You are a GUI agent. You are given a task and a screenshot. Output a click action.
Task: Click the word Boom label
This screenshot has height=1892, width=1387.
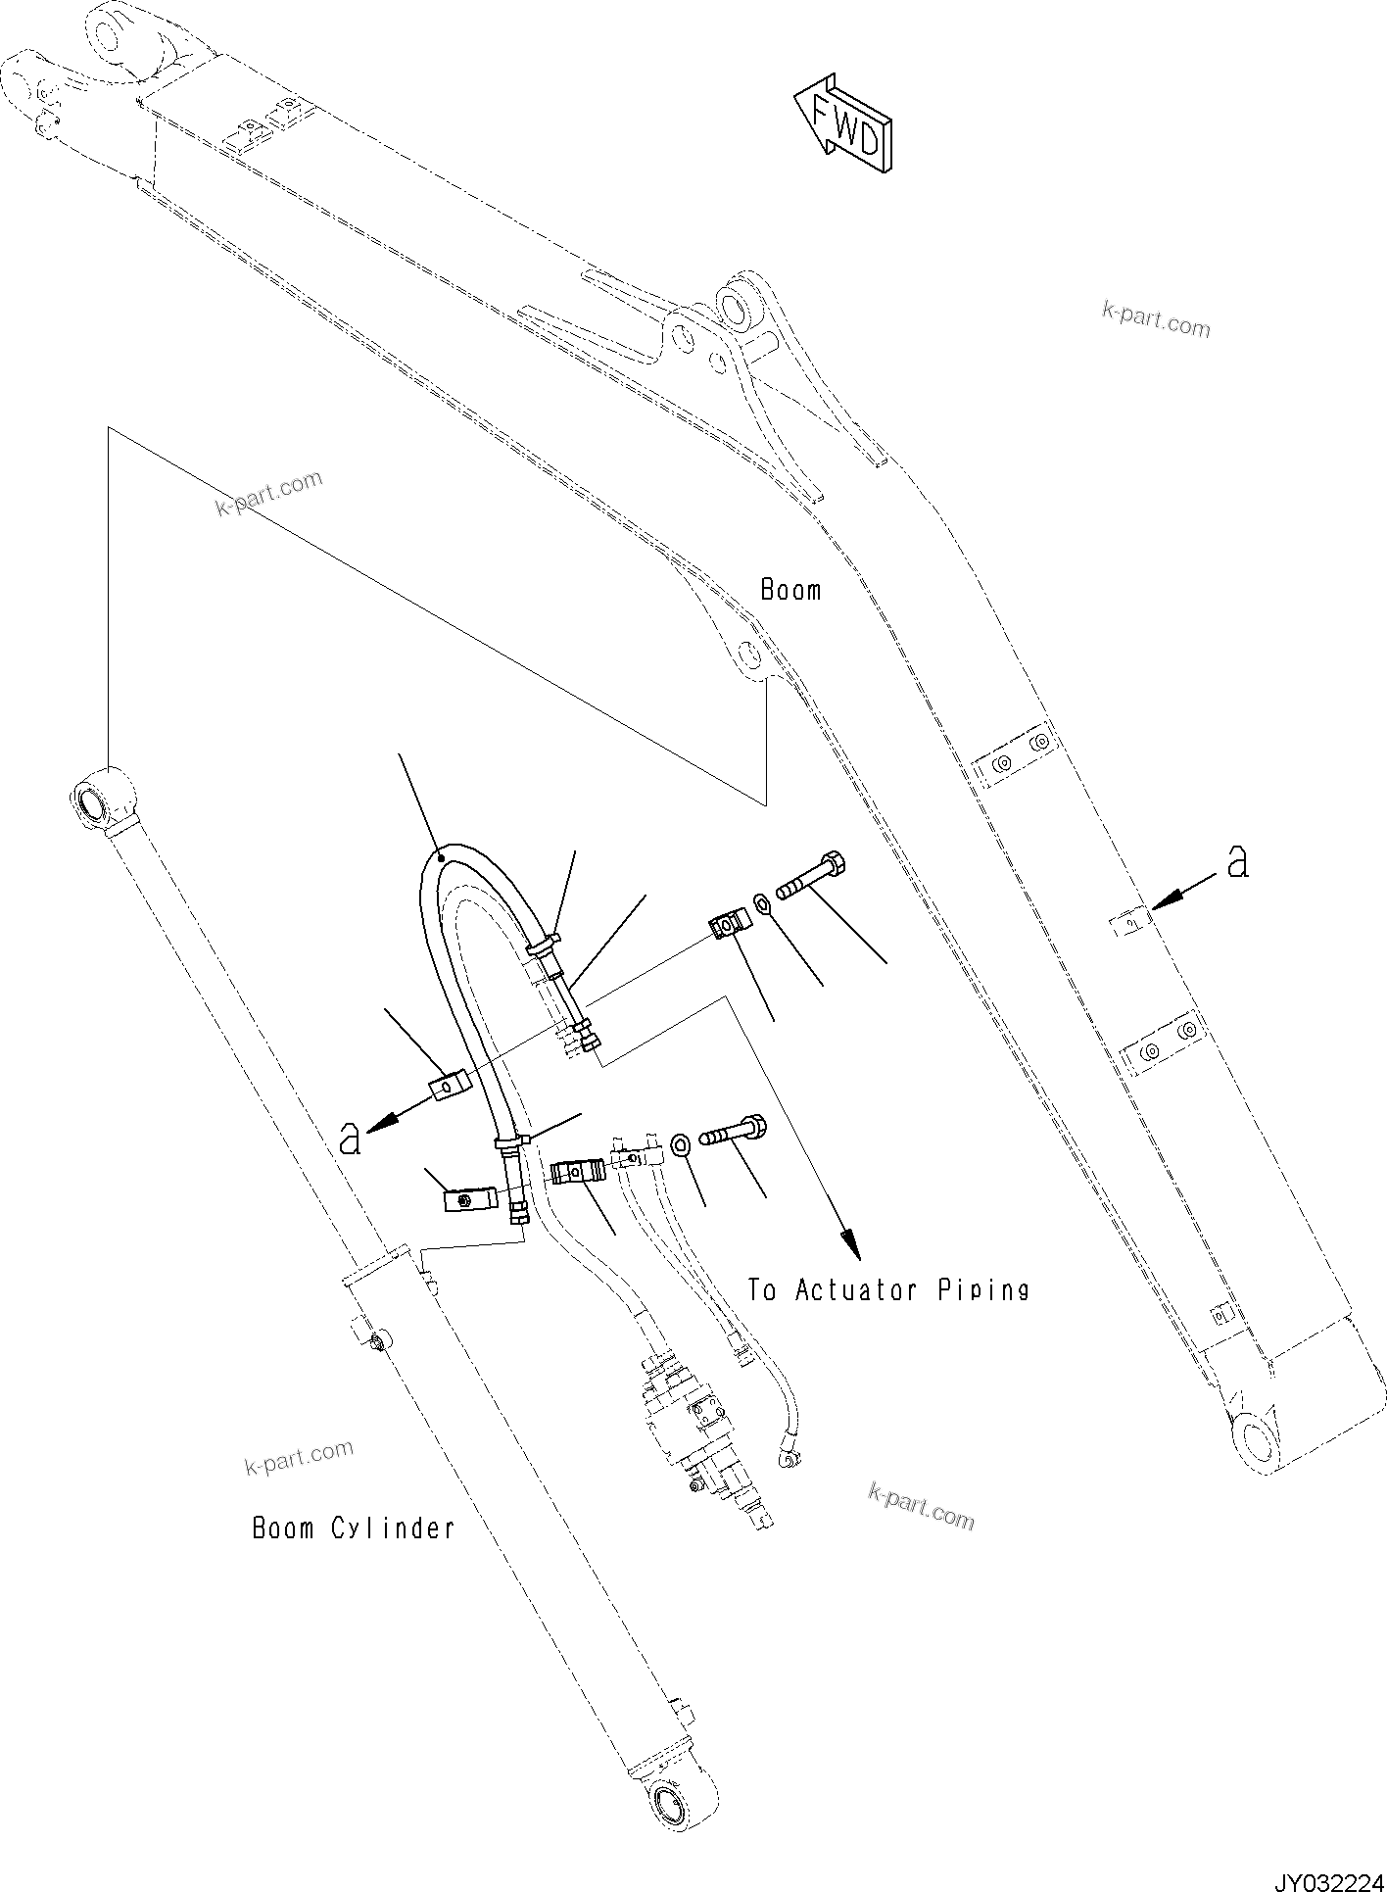(790, 590)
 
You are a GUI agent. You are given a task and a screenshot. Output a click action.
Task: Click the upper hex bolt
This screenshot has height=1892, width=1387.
(813, 877)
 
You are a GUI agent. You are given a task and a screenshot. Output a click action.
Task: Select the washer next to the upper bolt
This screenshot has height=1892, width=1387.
(763, 901)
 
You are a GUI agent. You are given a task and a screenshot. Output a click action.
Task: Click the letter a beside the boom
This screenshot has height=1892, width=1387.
(1237, 862)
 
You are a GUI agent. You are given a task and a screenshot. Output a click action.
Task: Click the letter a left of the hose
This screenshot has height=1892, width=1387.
(350, 1139)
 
